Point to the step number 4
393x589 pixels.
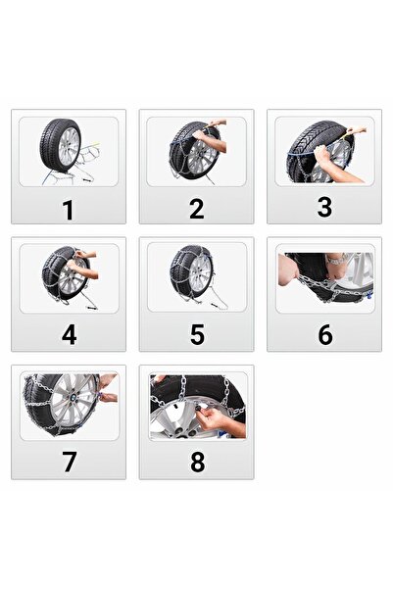(x=69, y=334)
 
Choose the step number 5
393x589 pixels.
(x=197, y=334)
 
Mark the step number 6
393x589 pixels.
(x=324, y=334)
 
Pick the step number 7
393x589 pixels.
(x=69, y=462)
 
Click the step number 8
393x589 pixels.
(x=197, y=462)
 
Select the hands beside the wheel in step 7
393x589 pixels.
(x=108, y=392)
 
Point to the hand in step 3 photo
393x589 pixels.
(x=323, y=167)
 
